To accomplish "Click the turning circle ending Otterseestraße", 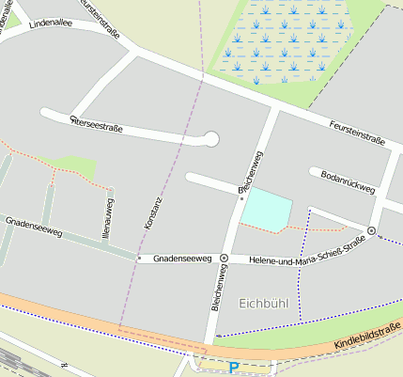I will pyautogui.click(x=210, y=140).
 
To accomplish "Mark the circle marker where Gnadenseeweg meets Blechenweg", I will pyautogui.click(x=224, y=258).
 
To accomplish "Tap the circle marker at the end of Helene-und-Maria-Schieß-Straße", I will pyautogui.click(x=372, y=230).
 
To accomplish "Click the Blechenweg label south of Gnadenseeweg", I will pyautogui.click(x=216, y=288).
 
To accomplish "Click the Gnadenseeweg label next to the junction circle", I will pyautogui.click(x=182, y=257).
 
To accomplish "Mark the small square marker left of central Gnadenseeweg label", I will pyautogui.click(x=139, y=257).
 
